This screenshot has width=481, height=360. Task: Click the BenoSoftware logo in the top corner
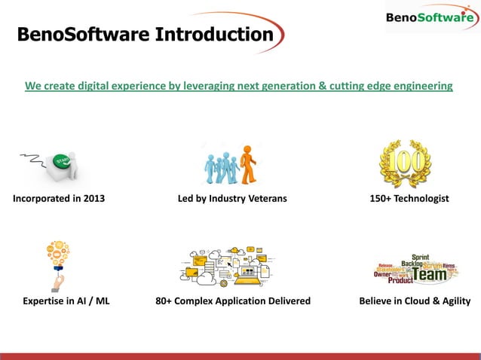tap(429, 19)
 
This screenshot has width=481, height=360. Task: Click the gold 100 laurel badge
tap(405, 163)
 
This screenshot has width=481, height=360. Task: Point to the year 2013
tap(91, 199)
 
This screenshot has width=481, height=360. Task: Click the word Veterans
tap(262, 199)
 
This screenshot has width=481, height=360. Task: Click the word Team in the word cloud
tap(432, 275)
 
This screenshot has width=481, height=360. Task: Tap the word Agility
tap(452, 301)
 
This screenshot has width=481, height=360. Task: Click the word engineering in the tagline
tap(420, 86)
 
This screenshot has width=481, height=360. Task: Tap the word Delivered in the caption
tap(286, 301)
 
